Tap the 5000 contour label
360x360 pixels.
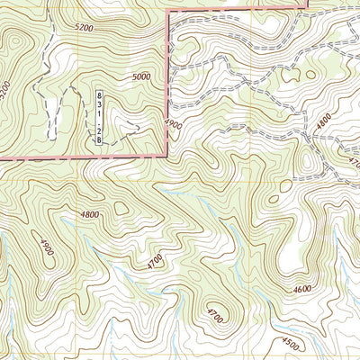(x=141, y=78)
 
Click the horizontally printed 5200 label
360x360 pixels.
(x=85, y=29)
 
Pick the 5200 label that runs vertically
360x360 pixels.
(x=5, y=90)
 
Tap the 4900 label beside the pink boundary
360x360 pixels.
(x=174, y=122)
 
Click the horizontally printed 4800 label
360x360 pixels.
(x=89, y=214)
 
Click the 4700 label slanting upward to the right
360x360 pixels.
(x=155, y=262)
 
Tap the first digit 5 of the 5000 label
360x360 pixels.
(x=133, y=78)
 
